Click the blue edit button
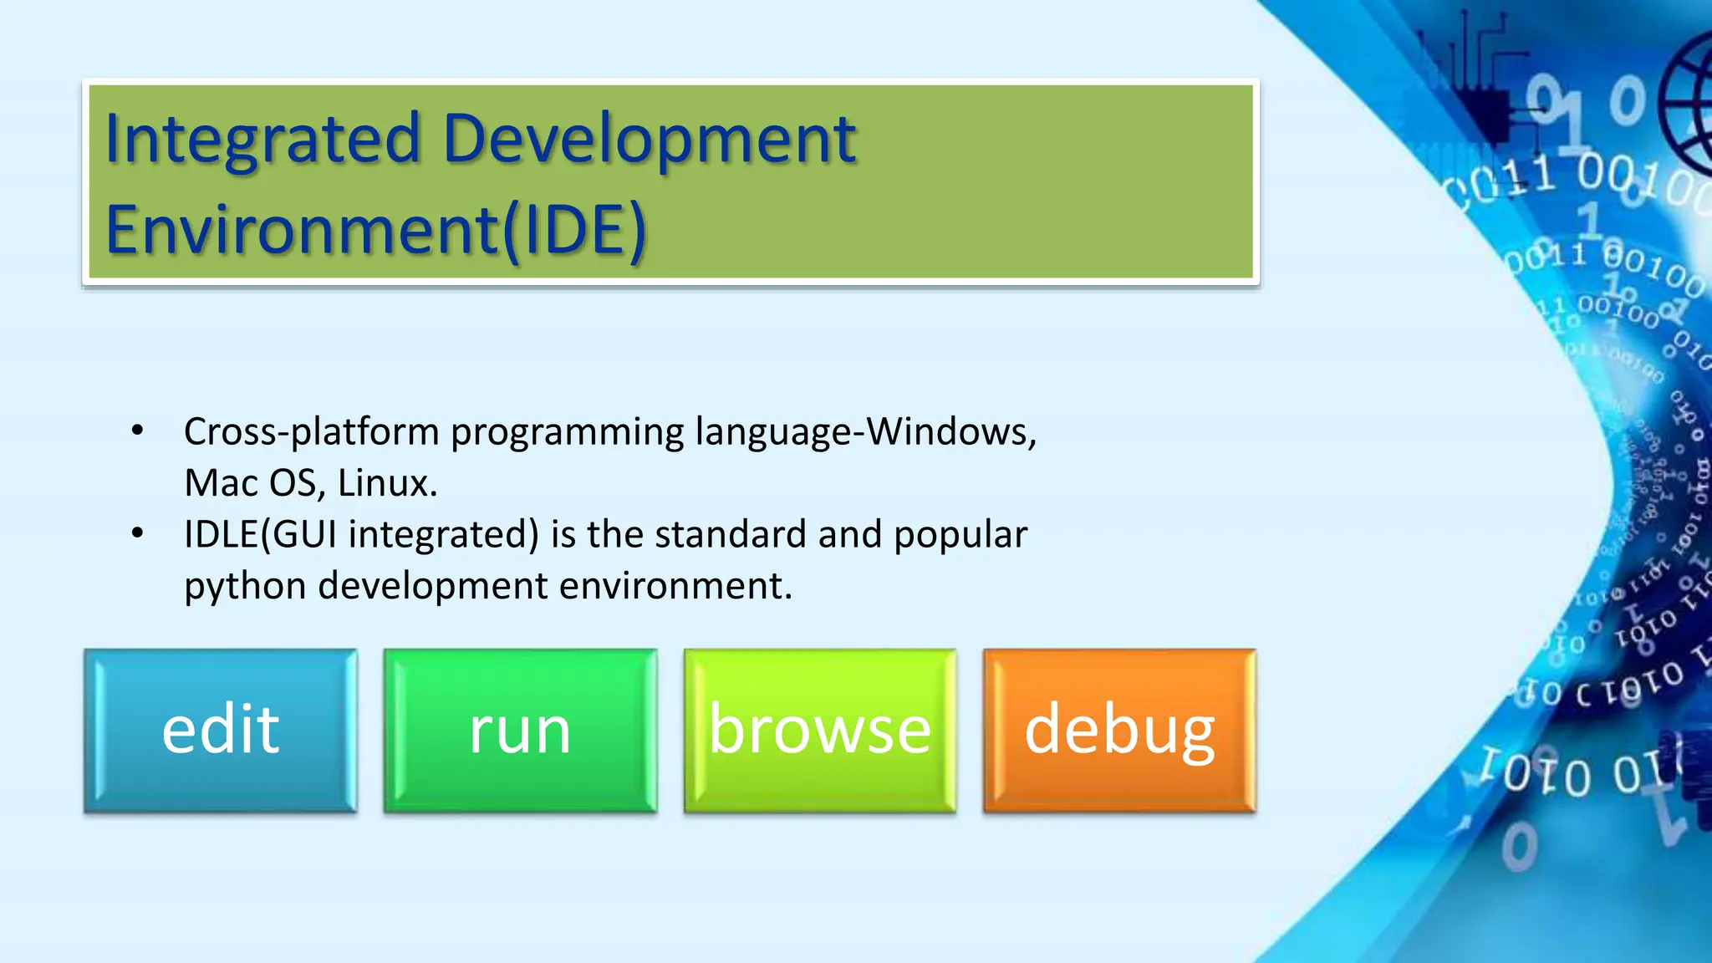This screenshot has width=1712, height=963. click(x=221, y=730)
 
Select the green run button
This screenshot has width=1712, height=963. click(x=520, y=730)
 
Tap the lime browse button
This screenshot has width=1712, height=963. click(x=819, y=730)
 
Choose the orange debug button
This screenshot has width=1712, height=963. click(x=1119, y=730)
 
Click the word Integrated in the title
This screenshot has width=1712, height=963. click(x=262, y=139)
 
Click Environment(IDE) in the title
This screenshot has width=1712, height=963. click(x=376, y=230)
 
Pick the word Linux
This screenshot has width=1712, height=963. click(x=387, y=483)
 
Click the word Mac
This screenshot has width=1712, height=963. click(x=221, y=483)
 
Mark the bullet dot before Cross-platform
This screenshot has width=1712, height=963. click(x=138, y=431)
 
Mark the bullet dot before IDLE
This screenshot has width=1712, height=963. click(x=138, y=533)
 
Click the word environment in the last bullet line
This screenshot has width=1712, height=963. click(x=675, y=586)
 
